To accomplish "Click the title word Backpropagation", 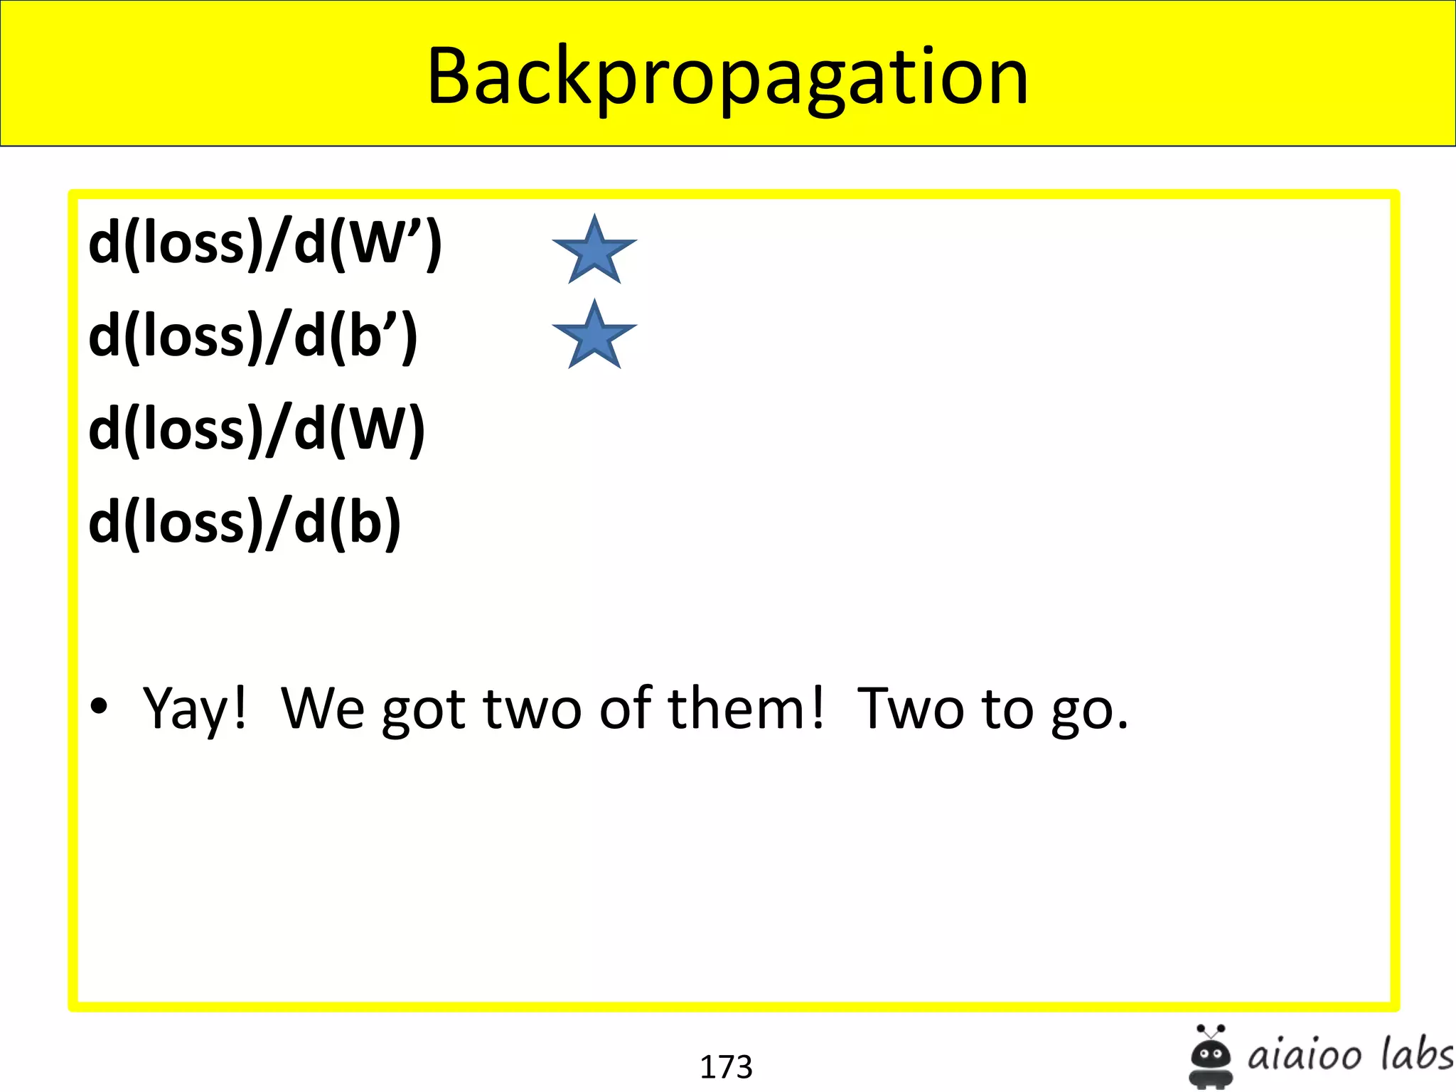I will (x=727, y=76).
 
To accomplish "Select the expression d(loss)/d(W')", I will (x=265, y=243).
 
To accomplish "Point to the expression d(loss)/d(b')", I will (x=253, y=336).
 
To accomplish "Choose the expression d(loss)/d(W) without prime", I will (x=257, y=429).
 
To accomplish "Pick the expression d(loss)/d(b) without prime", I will (x=245, y=523).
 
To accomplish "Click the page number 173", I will (x=726, y=1066).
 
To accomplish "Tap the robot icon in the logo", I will (x=1211, y=1056).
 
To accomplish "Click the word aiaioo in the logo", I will (x=1305, y=1055).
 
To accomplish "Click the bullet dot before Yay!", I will (x=99, y=706).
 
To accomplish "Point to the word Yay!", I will (x=194, y=709).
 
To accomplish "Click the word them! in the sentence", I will (x=746, y=707).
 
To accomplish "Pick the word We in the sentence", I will (x=323, y=707).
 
